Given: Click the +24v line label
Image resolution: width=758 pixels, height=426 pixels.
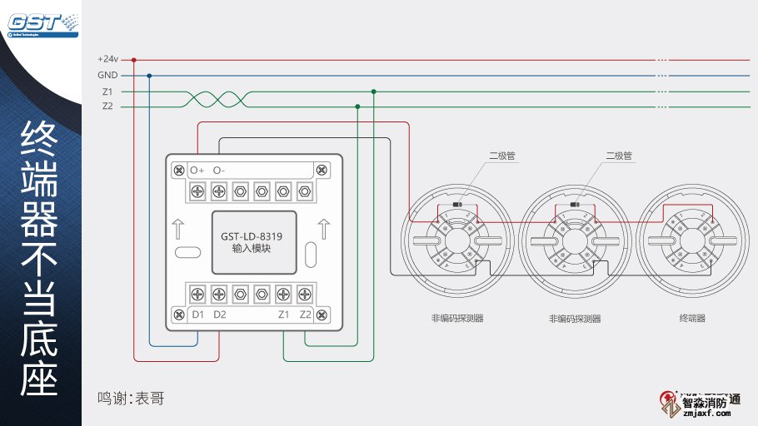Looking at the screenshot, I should pyautogui.click(x=107, y=60).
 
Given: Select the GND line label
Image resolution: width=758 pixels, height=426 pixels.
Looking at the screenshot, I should pyautogui.click(x=107, y=75).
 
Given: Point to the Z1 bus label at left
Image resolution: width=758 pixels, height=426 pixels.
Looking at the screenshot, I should pyautogui.click(x=107, y=92).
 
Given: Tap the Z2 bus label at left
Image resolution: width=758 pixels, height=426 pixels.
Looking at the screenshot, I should pyautogui.click(x=107, y=106).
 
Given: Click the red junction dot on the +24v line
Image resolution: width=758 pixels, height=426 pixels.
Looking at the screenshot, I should pyautogui.click(x=134, y=60).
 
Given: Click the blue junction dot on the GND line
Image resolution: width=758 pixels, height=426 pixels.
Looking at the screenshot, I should pyautogui.click(x=149, y=75).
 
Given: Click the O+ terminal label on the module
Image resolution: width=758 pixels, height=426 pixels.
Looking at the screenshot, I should pyautogui.click(x=197, y=170).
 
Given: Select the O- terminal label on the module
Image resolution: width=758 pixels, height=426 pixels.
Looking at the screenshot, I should pyautogui.click(x=219, y=170).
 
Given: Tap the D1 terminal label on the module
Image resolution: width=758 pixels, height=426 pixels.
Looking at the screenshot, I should pyautogui.click(x=197, y=315).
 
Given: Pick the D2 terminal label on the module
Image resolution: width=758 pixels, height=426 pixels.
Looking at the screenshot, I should pyautogui.click(x=219, y=315).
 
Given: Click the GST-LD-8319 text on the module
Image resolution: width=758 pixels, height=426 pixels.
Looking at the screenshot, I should pyautogui.click(x=257, y=236).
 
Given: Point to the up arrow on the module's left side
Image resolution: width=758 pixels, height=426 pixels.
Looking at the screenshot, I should pyautogui.click(x=180, y=229).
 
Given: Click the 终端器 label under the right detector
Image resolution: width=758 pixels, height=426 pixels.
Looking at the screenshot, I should pyautogui.click(x=692, y=319).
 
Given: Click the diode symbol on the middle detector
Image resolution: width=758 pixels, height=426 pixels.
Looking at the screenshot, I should pyautogui.click(x=574, y=204).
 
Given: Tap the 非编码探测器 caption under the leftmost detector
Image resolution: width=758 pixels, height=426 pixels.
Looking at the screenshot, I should pyautogui.click(x=457, y=319).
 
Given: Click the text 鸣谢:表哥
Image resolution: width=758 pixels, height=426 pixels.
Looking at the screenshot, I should pyautogui.click(x=131, y=399).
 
